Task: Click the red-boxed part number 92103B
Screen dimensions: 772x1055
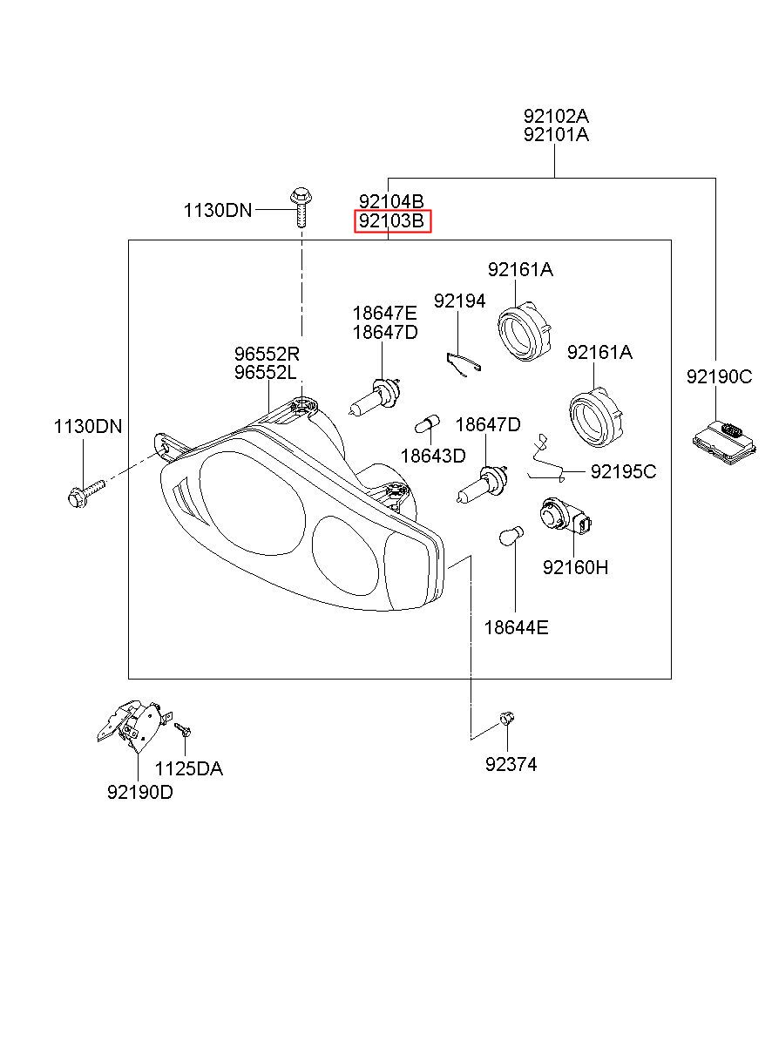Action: click(391, 221)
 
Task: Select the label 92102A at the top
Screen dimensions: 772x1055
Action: click(556, 116)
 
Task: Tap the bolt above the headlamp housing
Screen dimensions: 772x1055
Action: click(301, 207)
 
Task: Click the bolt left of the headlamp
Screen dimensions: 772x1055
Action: click(87, 492)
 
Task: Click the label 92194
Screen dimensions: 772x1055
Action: click(459, 301)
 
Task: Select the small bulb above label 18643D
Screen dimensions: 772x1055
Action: click(427, 423)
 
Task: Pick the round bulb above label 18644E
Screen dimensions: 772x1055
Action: click(511, 535)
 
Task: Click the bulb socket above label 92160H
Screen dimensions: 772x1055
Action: click(565, 517)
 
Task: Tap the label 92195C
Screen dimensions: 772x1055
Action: click(623, 471)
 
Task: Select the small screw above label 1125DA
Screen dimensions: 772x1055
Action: click(182, 730)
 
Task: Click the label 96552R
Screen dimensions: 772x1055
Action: click(267, 353)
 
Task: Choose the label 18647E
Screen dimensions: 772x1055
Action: click(385, 313)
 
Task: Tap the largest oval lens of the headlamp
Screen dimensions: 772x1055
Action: click(252, 503)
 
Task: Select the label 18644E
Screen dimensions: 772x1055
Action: click(516, 627)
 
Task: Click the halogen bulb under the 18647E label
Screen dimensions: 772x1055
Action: click(376, 396)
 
